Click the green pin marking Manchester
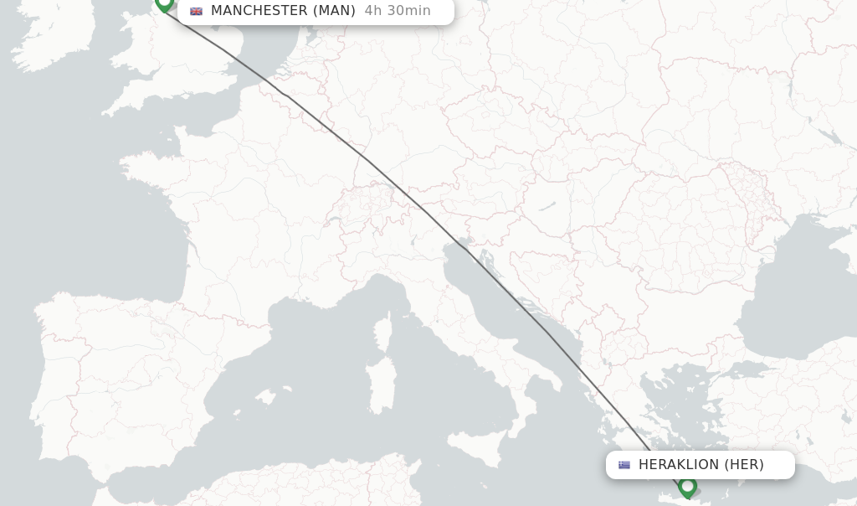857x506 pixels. coord(164,3)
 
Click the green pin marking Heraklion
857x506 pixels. coord(688,486)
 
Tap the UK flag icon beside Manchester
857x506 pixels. coord(197,11)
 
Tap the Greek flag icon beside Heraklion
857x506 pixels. coord(624,465)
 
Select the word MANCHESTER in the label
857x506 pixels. coord(259,11)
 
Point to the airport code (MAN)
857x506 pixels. coord(334,11)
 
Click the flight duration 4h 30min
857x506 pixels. coord(398,11)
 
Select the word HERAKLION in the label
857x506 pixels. coord(679,465)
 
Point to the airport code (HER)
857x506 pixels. coord(744,465)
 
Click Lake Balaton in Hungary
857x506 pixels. coord(547,206)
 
